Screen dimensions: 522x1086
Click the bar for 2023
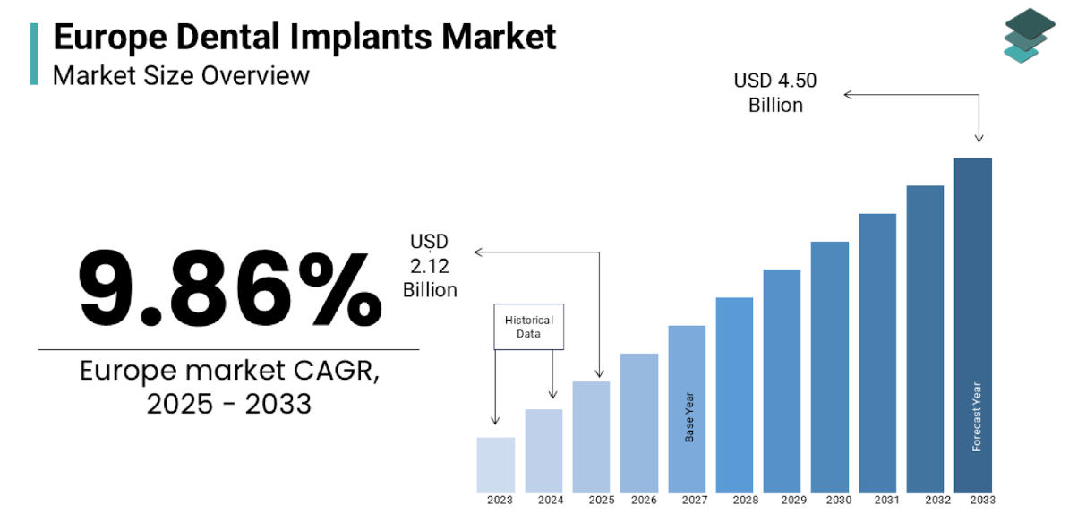click(x=495, y=464)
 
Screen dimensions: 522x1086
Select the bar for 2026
click(x=639, y=423)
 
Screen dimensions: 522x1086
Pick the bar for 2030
click(x=830, y=366)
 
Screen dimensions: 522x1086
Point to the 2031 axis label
click(x=886, y=501)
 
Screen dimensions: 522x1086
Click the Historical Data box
click(x=529, y=327)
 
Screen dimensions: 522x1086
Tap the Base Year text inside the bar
click(x=689, y=416)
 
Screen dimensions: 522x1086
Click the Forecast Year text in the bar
click(x=977, y=417)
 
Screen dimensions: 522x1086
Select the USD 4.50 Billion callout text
click(x=775, y=93)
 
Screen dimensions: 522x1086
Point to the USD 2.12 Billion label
click(x=430, y=265)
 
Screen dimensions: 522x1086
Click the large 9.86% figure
click(x=229, y=288)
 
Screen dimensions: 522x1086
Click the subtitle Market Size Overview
click(x=181, y=75)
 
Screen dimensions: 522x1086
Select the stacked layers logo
click(x=1029, y=35)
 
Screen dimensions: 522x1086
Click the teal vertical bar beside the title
click(x=34, y=54)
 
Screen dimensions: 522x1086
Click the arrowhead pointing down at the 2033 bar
click(x=979, y=138)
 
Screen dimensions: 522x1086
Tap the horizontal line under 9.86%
click(x=228, y=349)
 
